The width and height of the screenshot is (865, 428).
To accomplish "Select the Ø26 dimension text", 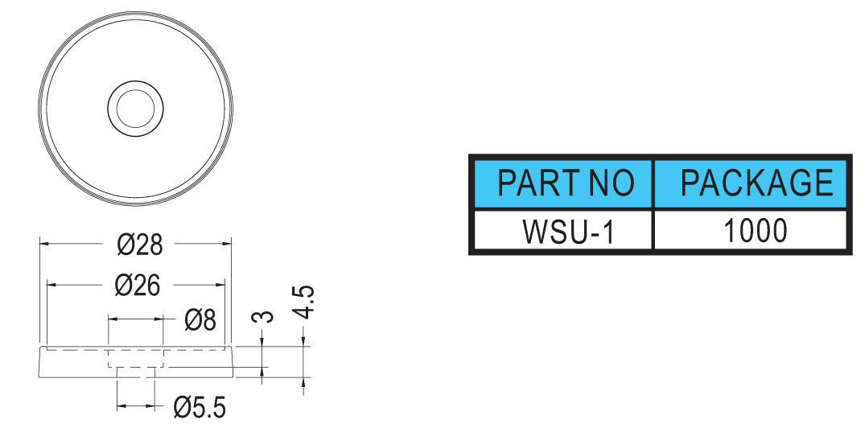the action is [x=138, y=285].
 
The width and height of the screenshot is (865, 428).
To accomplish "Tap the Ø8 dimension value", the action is [x=200, y=319].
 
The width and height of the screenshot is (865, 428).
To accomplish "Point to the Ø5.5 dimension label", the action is [x=199, y=408].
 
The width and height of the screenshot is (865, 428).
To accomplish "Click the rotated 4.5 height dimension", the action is [x=304, y=302].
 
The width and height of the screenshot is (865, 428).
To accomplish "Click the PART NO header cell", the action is [x=563, y=184].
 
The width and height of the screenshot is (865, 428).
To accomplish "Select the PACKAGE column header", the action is [x=750, y=184].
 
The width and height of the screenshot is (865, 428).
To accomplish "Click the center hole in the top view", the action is [x=135, y=108].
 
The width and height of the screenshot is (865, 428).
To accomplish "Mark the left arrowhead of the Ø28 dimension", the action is [x=44, y=243].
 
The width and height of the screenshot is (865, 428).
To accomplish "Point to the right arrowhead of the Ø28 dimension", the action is [x=226, y=243].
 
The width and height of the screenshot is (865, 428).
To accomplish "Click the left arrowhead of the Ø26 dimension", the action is [x=51, y=285].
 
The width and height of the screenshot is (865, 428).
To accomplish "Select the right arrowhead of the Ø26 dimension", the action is [x=220, y=285].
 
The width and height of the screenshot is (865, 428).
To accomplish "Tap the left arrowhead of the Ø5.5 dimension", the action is [x=122, y=406].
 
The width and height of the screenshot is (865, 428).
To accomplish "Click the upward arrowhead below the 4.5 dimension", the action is [x=303, y=381].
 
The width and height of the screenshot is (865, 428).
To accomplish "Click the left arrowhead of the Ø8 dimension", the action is [x=113, y=319].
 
